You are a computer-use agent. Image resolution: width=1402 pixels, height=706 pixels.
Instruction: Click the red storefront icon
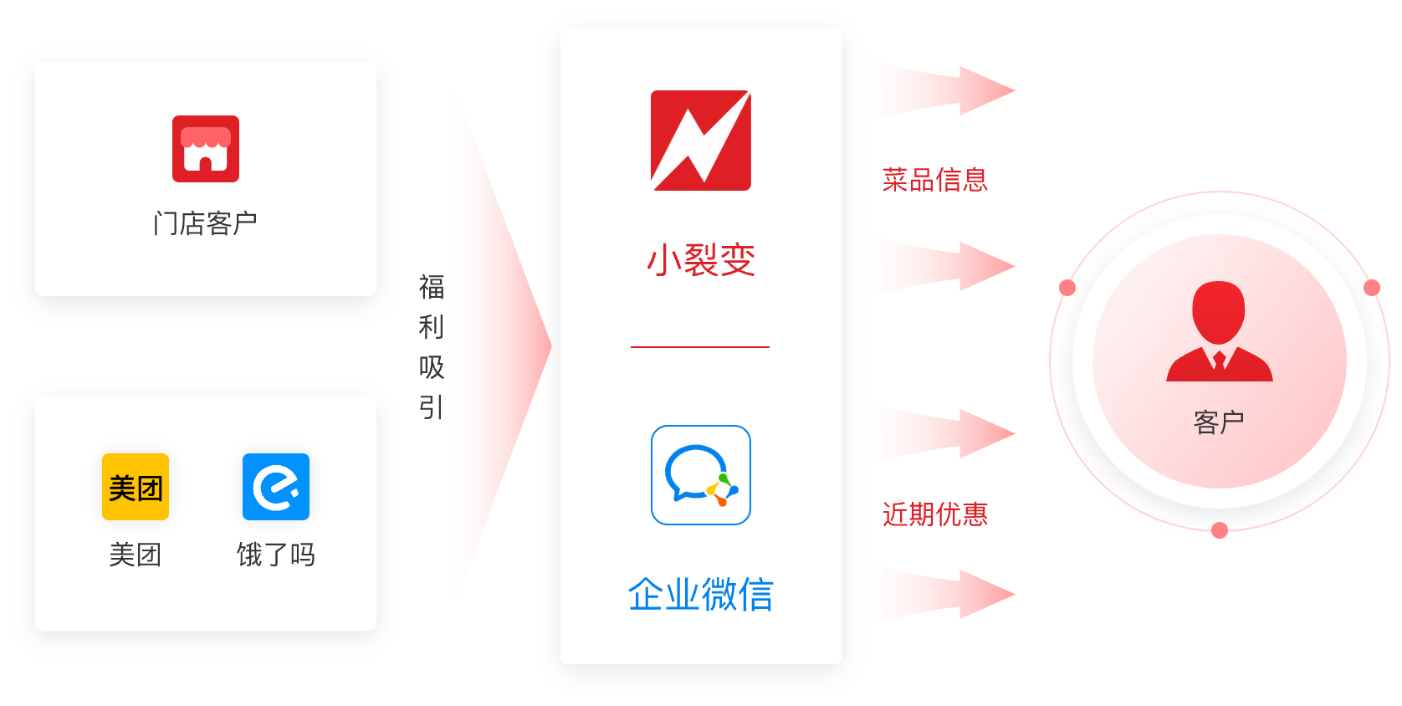point(206,149)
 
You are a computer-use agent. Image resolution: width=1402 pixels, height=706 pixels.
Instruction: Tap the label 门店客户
point(205,223)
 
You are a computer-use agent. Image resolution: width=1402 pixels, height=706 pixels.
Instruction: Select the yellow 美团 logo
point(136,487)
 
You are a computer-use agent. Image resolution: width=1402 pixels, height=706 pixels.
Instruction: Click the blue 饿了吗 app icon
point(276,487)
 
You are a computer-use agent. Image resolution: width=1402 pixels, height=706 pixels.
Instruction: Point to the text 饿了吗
point(276,555)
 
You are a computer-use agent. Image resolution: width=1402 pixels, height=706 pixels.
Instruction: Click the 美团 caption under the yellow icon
point(136,555)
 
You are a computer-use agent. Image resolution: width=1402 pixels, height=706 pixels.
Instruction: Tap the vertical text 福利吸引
point(432,347)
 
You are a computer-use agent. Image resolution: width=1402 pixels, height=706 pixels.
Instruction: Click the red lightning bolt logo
point(701,141)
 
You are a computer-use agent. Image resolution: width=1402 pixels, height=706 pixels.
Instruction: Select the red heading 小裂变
point(701,260)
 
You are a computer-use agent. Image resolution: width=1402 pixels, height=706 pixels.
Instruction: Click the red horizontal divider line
point(700,347)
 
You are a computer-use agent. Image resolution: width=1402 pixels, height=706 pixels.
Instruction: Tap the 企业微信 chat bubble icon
point(701,475)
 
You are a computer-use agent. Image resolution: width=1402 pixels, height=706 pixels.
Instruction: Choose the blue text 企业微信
point(701,594)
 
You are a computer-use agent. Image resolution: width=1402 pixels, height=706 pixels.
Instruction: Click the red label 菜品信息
point(935,180)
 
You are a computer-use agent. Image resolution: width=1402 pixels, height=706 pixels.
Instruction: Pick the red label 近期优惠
point(935,514)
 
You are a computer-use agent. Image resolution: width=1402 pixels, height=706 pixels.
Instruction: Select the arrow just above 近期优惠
point(949,433)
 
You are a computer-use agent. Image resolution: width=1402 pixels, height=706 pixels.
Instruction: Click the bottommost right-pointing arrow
point(949,594)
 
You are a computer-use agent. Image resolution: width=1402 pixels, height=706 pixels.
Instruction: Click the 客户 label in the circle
point(1219,422)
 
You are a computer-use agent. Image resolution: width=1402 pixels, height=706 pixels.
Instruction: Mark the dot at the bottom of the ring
point(1220,530)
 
